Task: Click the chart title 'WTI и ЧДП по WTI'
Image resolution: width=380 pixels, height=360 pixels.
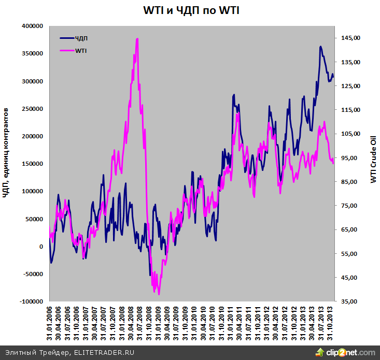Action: pyautogui.click(x=191, y=10)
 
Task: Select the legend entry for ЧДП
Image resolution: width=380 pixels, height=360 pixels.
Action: pyautogui.click(x=81, y=38)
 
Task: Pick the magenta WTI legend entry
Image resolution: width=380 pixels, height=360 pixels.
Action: pyautogui.click(x=81, y=51)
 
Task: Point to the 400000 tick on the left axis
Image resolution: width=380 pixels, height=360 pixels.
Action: pyautogui.click(x=33, y=26)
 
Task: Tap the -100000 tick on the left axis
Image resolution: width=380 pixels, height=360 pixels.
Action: pyautogui.click(x=31, y=301)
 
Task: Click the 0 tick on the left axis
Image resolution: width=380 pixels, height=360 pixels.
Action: pyautogui.click(x=41, y=247)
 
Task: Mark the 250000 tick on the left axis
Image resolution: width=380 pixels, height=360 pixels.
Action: pyautogui.click(x=33, y=109)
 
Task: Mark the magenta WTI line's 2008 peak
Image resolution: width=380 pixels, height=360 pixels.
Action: pyautogui.click(x=137, y=39)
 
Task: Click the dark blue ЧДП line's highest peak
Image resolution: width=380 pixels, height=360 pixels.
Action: pyautogui.click(x=320, y=47)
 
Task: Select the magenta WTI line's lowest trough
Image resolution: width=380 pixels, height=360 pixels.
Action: pyautogui.click(x=159, y=294)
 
